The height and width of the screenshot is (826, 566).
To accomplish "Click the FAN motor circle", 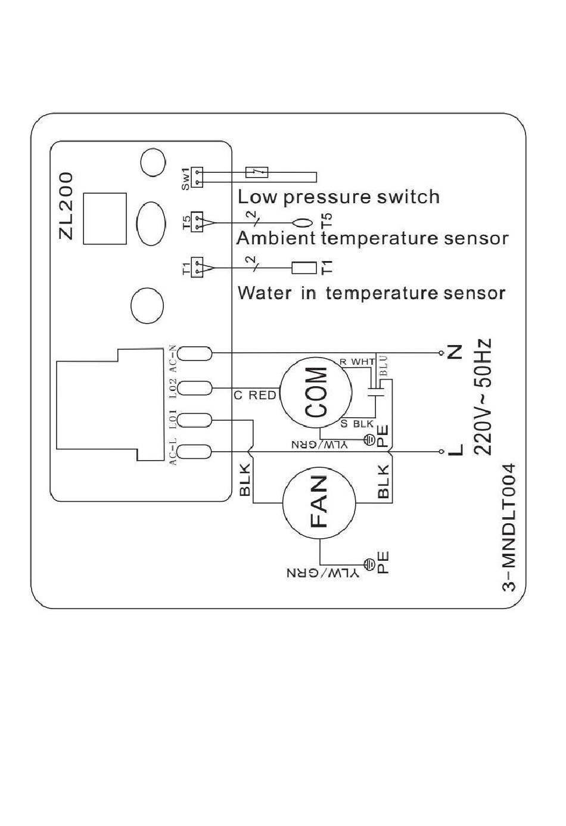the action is (x=319, y=502).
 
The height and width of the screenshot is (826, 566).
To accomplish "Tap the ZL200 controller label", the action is (x=66, y=206).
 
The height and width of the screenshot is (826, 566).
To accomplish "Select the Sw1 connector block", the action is (x=197, y=178).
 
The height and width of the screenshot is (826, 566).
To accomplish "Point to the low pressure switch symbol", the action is (x=257, y=172).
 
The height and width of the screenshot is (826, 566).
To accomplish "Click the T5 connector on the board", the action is (x=197, y=222).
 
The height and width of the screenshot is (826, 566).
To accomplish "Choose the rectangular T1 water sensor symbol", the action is (x=304, y=268).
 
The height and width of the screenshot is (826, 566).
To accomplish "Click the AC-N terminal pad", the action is (x=195, y=353).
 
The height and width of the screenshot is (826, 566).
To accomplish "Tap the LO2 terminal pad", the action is (x=195, y=388).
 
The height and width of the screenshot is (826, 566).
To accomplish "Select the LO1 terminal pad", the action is (x=195, y=420).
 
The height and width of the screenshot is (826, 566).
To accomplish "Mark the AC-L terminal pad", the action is (x=195, y=451).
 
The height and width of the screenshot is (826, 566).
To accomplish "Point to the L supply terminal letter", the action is (x=455, y=450).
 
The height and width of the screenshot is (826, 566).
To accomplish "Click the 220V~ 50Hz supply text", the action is (x=483, y=396).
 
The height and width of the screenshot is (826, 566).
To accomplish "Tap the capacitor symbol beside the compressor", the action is (x=377, y=391).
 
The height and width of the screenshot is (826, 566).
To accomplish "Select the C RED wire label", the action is (x=255, y=395).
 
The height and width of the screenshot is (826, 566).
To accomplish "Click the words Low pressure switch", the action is (x=338, y=197).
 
